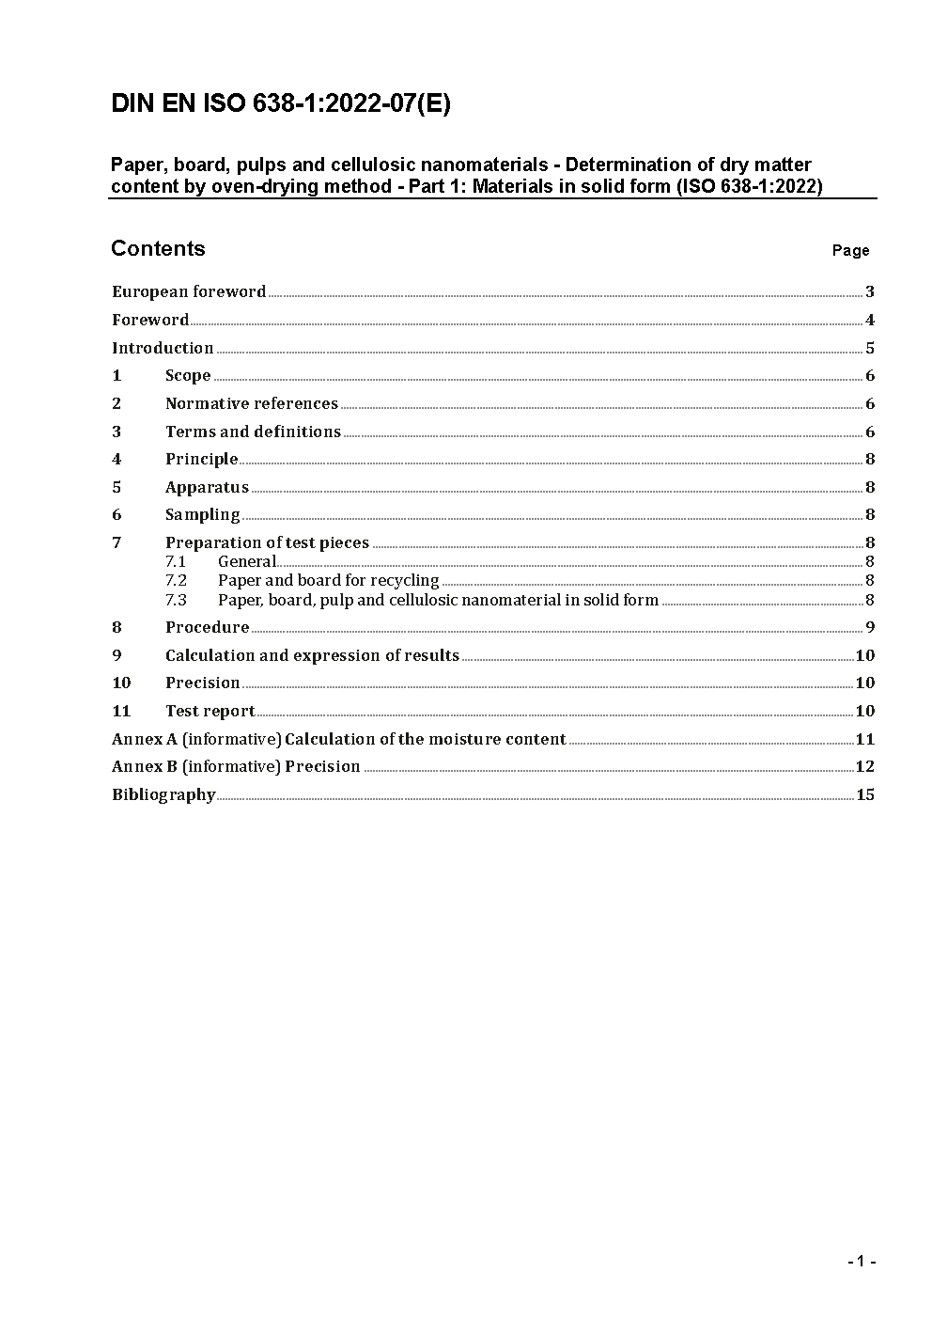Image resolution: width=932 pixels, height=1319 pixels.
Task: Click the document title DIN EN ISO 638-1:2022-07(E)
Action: pyautogui.click(x=281, y=104)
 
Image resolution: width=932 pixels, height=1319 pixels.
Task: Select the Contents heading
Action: pyautogui.click(x=158, y=248)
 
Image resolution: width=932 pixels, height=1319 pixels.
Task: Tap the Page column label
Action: pyautogui.click(x=850, y=250)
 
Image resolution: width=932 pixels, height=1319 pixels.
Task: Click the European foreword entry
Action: pyautogui.click(x=189, y=291)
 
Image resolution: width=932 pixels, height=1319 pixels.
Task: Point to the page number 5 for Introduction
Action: pyautogui.click(x=870, y=348)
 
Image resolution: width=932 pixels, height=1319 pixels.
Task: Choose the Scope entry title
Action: pyautogui.click(x=188, y=375)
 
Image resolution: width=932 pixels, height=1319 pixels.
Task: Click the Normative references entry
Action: pyautogui.click(x=252, y=403)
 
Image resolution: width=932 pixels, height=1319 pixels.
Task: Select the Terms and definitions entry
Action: pyautogui.click(x=253, y=432)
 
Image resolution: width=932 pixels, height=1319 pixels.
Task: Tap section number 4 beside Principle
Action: pyautogui.click(x=116, y=459)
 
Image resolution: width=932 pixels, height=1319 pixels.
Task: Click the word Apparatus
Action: pyautogui.click(x=207, y=487)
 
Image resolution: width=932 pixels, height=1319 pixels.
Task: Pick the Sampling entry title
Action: pyautogui.click(x=202, y=514)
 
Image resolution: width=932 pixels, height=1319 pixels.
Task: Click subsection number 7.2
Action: pyautogui.click(x=176, y=580)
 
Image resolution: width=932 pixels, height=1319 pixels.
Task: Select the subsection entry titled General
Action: pyautogui.click(x=247, y=561)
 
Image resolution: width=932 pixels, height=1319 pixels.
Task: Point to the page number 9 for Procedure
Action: pyautogui.click(x=870, y=627)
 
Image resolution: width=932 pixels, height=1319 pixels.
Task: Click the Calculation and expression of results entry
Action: pyautogui.click(x=312, y=655)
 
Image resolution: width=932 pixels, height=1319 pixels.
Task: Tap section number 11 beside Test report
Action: pyautogui.click(x=121, y=711)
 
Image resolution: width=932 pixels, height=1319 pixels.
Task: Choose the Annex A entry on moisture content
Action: pyautogui.click(x=338, y=739)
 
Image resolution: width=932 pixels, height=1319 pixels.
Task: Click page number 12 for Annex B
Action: pyautogui.click(x=864, y=766)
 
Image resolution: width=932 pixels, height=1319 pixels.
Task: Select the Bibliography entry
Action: pyautogui.click(x=163, y=794)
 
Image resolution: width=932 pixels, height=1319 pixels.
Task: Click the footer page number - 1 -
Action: pyautogui.click(x=862, y=1261)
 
